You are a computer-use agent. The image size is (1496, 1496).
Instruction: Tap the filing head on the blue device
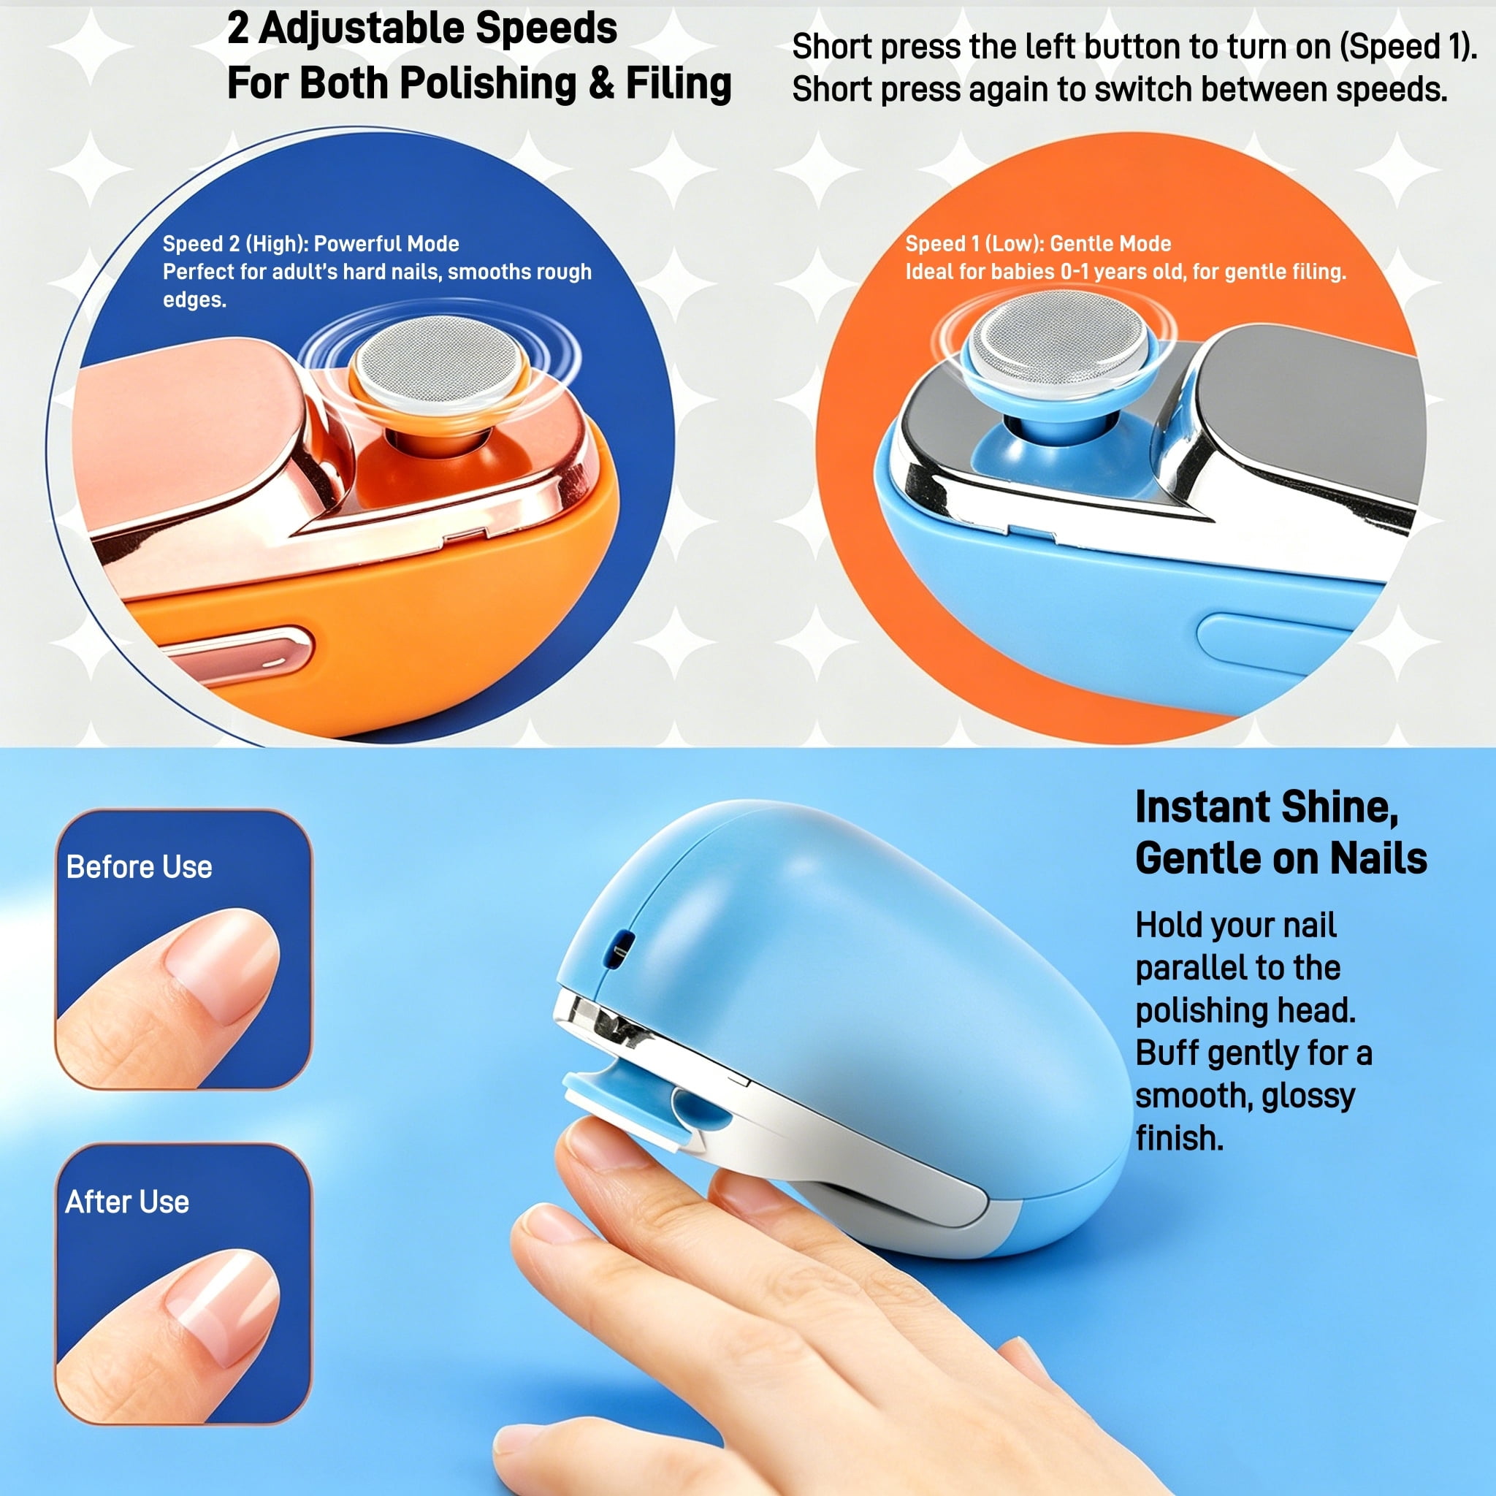pyautogui.click(x=1058, y=338)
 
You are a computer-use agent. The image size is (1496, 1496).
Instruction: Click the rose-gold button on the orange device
pyautogui.click(x=240, y=655)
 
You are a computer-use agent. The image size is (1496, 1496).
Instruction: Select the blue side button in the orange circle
pyautogui.click(x=1270, y=642)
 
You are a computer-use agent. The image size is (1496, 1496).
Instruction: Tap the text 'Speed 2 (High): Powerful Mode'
pyautogui.click(x=310, y=244)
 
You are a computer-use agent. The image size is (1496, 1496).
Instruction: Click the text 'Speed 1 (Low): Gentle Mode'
pyautogui.click(x=1037, y=244)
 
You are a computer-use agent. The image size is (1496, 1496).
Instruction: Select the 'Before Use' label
pyautogui.click(x=140, y=866)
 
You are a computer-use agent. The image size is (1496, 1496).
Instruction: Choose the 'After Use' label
pyautogui.click(x=127, y=1201)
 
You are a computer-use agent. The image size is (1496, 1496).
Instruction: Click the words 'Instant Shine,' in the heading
pyautogui.click(x=1267, y=807)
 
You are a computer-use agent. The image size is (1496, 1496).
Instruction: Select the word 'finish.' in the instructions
pyautogui.click(x=1179, y=1137)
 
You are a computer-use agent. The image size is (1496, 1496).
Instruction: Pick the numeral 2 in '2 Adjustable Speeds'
pyautogui.click(x=237, y=29)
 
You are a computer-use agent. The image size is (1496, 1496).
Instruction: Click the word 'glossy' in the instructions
pyautogui.click(x=1308, y=1096)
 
